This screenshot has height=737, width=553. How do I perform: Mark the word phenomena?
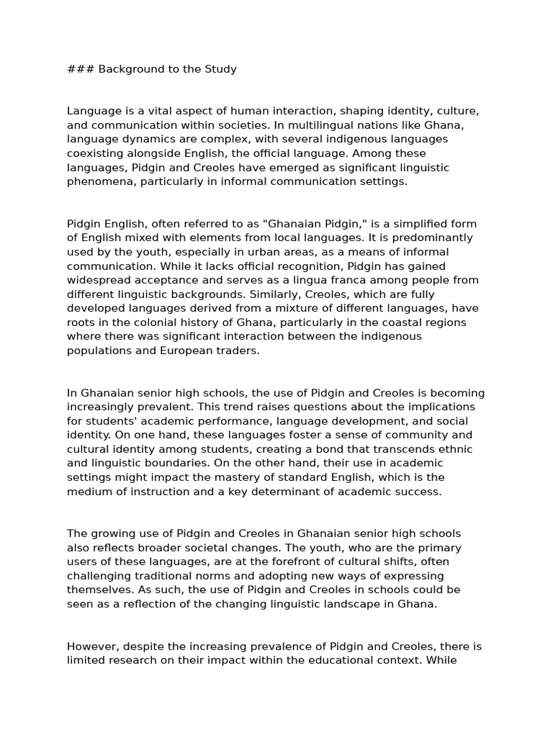coord(97,181)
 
